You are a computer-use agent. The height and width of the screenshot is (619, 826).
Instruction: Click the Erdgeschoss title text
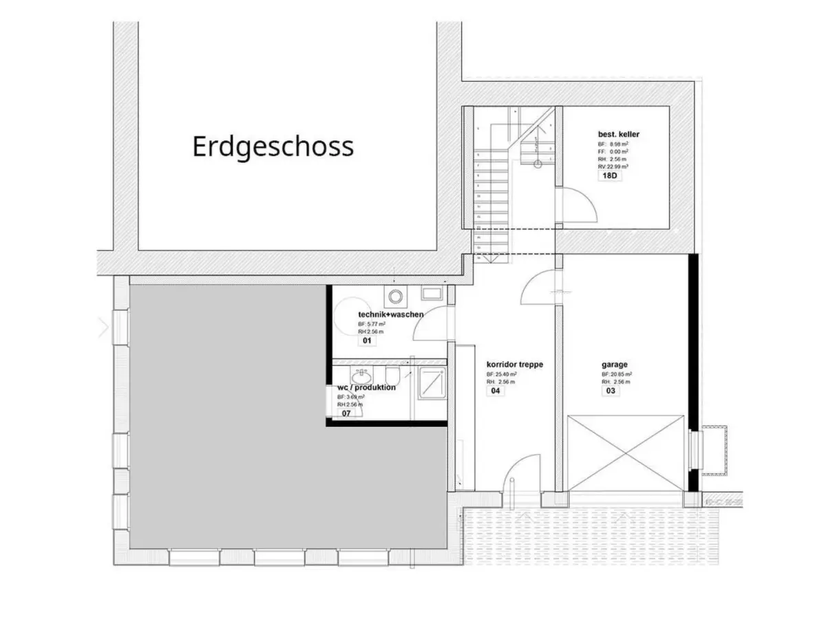click(x=273, y=146)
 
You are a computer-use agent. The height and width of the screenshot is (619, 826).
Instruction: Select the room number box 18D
click(x=609, y=175)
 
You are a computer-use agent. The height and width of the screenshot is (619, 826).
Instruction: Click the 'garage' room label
click(x=614, y=365)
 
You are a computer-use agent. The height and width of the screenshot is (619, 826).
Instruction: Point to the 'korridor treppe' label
click(x=515, y=365)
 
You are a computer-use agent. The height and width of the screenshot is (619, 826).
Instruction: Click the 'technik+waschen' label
click(x=390, y=314)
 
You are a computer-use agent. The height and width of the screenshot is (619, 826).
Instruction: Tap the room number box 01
click(x=367, y=340)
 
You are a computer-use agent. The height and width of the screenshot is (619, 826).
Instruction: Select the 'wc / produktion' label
click(x=366, y=387)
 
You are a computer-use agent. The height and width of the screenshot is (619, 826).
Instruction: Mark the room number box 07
click(x=347, y=413)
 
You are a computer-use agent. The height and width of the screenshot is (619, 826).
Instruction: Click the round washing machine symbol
click(x=395, y=296)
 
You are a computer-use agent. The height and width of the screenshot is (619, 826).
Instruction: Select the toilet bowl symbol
click(x=393, y=376)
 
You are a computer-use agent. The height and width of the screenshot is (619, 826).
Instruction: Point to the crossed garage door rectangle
click(x=626, y=453)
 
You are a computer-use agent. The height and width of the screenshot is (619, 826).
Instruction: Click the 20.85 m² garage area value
click(x=618, y=375)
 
